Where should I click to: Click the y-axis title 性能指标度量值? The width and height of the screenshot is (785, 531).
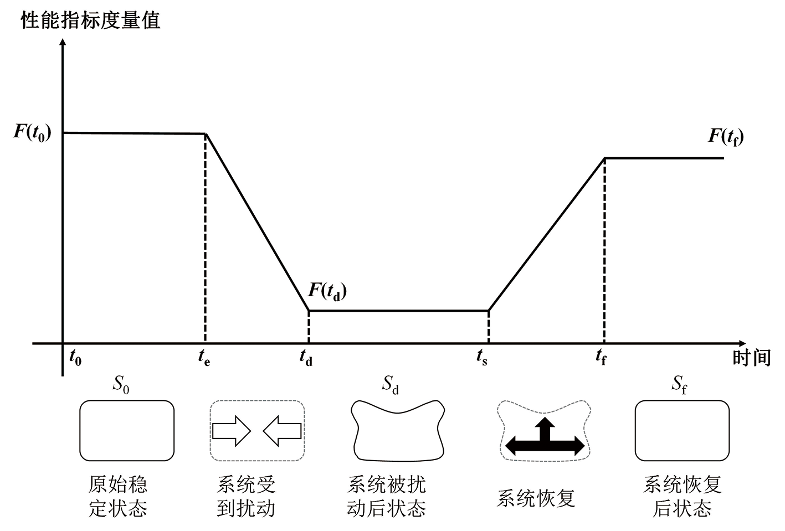tap(90, 20)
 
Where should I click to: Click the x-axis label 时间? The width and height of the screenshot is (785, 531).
tap(751, 358)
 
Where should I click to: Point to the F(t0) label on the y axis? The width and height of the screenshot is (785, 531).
tap(32, 132)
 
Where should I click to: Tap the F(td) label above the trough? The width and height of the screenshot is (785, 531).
tap(327, 291)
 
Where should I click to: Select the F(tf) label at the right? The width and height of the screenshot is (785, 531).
tap(726, 136)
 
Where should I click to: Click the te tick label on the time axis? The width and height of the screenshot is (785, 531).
tap(204, 358)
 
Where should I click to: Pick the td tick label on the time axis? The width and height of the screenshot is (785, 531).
tap(306, 358)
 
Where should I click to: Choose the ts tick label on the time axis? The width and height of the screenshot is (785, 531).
tap(482, 358)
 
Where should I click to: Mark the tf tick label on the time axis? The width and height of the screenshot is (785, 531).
tap(601, 358)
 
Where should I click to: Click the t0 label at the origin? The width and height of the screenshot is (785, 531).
tap(75, 358)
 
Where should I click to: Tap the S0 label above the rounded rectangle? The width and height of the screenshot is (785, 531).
tap(121, 384)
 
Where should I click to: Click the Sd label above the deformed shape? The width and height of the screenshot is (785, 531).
tap(391, 384)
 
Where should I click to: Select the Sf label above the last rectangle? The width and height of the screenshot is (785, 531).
tap(680, 384)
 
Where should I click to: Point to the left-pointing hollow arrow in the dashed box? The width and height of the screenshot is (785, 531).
tap(282, 431)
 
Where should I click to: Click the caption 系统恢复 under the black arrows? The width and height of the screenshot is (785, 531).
tap(536, 498)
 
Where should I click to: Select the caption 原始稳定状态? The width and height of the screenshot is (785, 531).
tap(118, 496)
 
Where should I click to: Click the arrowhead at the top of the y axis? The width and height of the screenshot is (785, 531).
tap(63, 43)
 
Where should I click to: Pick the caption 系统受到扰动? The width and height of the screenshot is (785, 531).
tap(246, 496)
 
